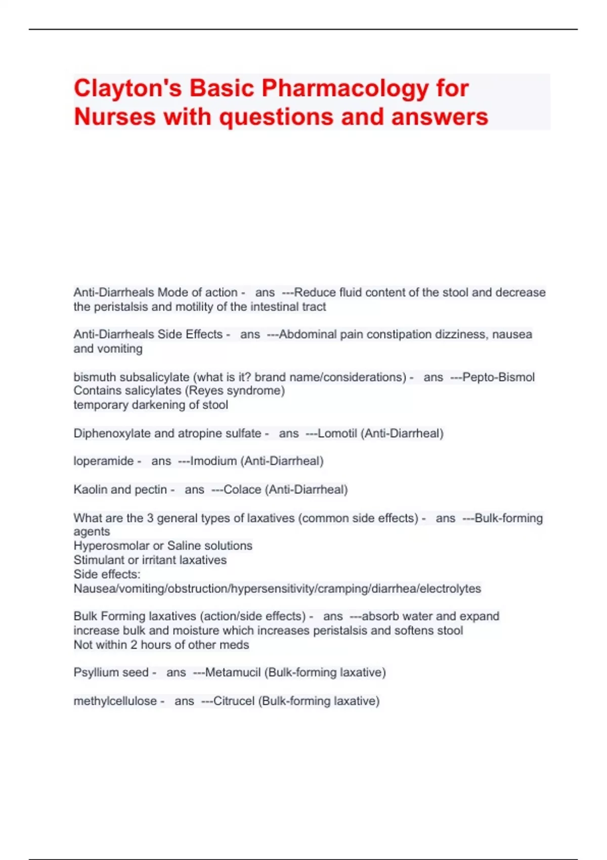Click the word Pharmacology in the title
[344, 89]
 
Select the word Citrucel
[234, 701]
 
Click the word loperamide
[104, 461]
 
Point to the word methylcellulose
[115, 701]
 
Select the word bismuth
[95, 377]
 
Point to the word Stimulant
[98, 560]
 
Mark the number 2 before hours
[134, 645]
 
